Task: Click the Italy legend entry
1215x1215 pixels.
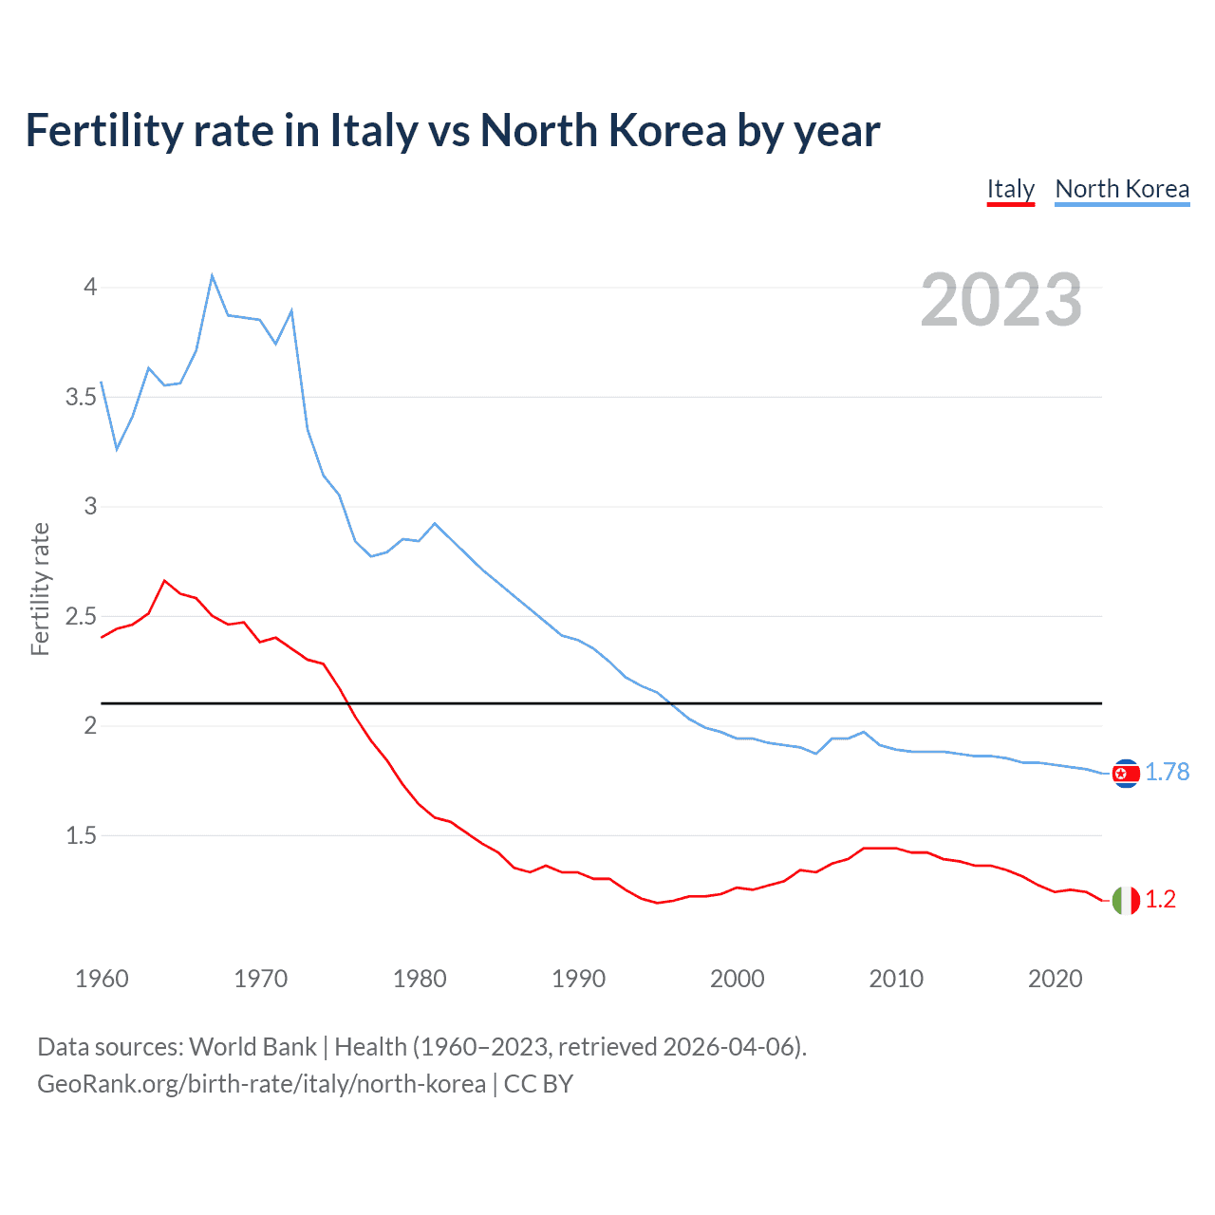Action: click(x=1010, y=189)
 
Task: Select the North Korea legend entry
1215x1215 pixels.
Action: click(x=1122, y=189)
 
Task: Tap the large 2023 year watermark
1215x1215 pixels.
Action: click(x=1000, y=300)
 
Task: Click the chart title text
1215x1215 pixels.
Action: click(x=453, y=130)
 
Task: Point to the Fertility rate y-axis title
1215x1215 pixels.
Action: click(x=40, y=589)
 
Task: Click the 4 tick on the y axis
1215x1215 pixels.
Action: click(x=90, y=287)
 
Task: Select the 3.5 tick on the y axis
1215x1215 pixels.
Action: click(x=82, y=397)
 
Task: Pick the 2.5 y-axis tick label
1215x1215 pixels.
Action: click(x=82, y=616)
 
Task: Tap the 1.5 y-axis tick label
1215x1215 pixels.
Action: click(x=82, y=835)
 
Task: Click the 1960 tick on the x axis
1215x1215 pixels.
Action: click(x=102, y=979)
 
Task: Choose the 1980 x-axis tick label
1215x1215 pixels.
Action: click(x=420, y=979)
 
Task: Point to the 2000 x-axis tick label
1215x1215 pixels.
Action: click(x=737, y=979)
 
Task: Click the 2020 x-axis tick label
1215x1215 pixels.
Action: click(x=1055, y=979)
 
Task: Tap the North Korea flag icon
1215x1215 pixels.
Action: click(x=1125, y=774)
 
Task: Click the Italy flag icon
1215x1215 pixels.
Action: click(x=1125, y=900)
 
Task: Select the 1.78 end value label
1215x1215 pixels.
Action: click(x=1167, y=773)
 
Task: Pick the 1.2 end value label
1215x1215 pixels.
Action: click(x=1160, y=900)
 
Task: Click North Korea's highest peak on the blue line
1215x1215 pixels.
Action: click(x=212, y=275)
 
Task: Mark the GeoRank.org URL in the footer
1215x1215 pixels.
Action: click(x=261, y=1084)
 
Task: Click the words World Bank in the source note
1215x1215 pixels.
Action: click(x=252, y=1047)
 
